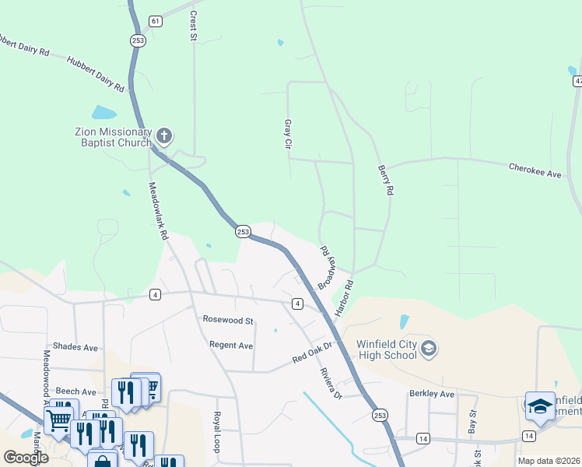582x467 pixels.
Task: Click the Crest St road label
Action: (x=193, y=26)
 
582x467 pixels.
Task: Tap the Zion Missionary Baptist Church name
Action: (x=113, y=138)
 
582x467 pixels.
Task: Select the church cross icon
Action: (x=163, y=136)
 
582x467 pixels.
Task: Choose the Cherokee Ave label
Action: (x=535, y=170)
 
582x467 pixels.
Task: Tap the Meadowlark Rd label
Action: (x=158, y=209)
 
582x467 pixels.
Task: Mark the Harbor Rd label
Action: (x=344, y=297)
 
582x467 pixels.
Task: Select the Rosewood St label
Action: (x=228, y=320)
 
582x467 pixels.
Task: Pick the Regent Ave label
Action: (x=231, y=345)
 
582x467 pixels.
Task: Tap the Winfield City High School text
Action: (x=386, y=349)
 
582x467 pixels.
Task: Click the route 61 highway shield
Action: (x=156, y=20)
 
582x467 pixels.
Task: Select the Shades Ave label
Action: (x=75, y=346)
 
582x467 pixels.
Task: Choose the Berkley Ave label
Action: (x=431, y=394)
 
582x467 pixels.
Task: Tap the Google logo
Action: (x=26, y=458)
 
